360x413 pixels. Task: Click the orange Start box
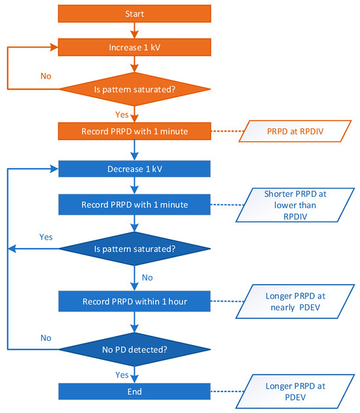[134, 13]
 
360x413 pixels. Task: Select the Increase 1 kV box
[134, 47]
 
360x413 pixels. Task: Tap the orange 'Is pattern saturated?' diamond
[134, 88]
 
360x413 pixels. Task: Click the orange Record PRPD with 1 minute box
[134, 131]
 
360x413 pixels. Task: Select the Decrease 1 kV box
[134, 169]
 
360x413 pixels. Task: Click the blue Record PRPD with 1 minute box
[134, 204]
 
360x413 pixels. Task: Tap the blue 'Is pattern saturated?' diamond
[134, 249]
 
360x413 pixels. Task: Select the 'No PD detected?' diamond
[134, 349]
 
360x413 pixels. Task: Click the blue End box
[134, 391]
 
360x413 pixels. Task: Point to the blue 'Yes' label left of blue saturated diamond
[46, 236]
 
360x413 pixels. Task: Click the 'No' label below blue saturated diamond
[147, 278]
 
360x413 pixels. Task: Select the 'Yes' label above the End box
[122, 375]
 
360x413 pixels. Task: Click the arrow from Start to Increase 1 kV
[134, 30]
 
